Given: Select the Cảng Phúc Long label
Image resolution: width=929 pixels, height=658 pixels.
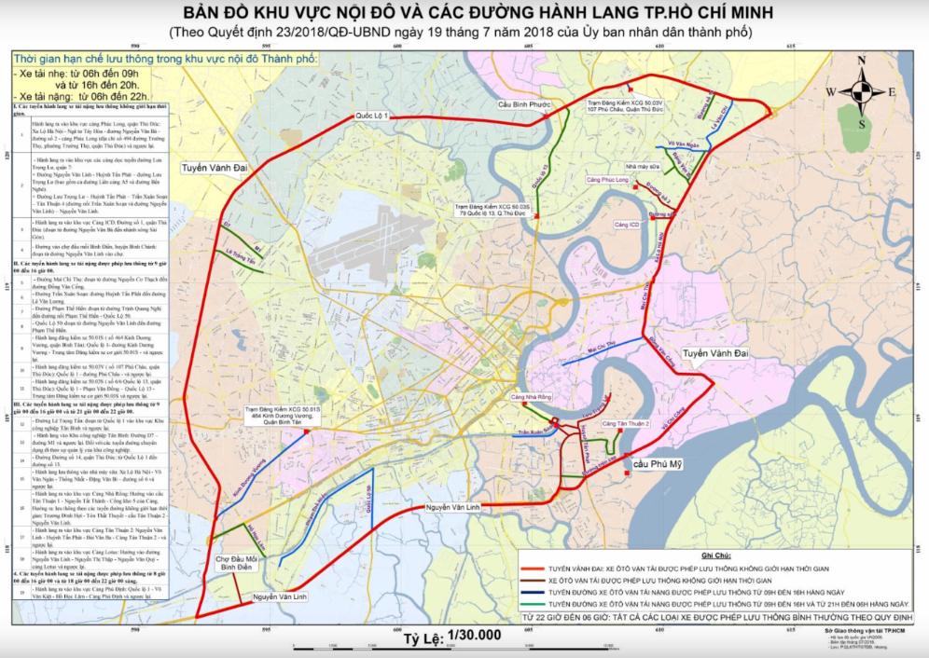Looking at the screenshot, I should [x=606, y=178].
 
